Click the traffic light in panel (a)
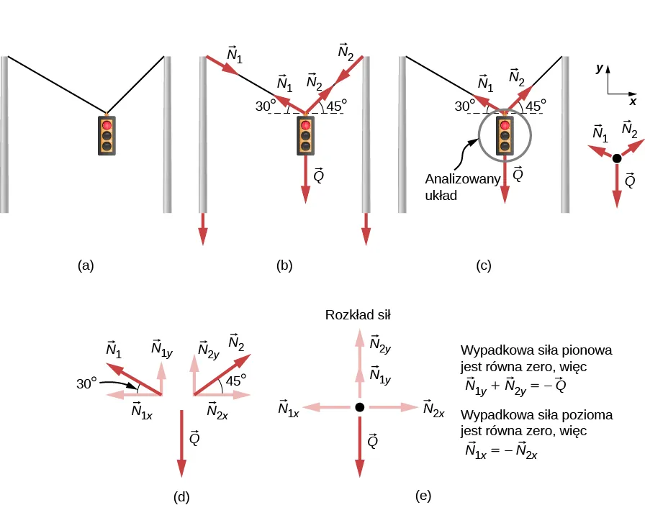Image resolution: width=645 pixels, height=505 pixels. pyautogui.click(x=107, y=135)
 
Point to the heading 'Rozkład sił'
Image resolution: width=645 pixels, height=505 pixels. pyautogui.click(x=358, y=314)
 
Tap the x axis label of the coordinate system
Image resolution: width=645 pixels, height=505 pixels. pyautogui.click(x=633, y=101)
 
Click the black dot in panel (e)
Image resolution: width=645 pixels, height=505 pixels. pyautogui.click(x=359, y=407)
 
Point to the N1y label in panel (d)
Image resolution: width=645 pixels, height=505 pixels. pyautogui.click(x=161, y=348)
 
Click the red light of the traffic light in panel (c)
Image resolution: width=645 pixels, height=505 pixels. pyautogui.click(x=505, y=126)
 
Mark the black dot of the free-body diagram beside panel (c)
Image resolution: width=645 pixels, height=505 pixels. pyautogui.click(x=616, y=158)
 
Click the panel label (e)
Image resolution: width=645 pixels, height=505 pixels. pyautogui.click(x=424, y=496)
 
